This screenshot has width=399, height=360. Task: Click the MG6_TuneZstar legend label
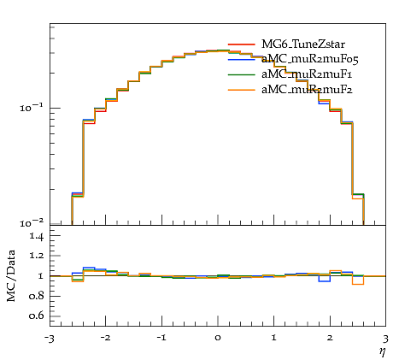(x=303, y=44)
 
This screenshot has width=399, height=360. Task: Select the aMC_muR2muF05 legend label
(x=310, y=59)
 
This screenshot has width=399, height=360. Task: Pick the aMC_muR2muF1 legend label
(x=307, y=74)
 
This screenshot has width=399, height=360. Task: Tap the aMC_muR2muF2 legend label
(x=307, y=90)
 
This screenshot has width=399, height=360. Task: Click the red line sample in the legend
(x=242, y=44)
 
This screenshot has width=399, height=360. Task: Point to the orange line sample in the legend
(x=242, y=90)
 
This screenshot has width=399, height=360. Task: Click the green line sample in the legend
(x=242, y=74)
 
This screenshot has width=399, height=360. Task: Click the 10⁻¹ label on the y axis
(x=32, y=108)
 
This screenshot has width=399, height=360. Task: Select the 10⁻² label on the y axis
(x=32, y=223)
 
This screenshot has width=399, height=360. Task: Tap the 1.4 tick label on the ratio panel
(x=37, y=236)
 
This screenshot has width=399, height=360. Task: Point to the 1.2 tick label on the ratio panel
(x=37, y=256)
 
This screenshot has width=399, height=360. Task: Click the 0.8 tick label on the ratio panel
(x=37, y=296)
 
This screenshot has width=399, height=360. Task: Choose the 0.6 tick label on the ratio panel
(x=37, y=316)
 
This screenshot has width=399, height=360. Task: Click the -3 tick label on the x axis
(x=50, y=339)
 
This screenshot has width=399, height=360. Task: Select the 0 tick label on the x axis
(x=218, y=338)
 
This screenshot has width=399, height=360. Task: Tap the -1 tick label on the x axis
(x=161, y=338)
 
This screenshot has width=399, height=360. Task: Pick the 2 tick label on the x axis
(x=330, y=338)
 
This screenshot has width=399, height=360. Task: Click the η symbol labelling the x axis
(x=382, y=351)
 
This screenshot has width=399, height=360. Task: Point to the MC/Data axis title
(x=11, y=276)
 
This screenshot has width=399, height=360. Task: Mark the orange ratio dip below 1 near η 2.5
(x=358, y=284)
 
